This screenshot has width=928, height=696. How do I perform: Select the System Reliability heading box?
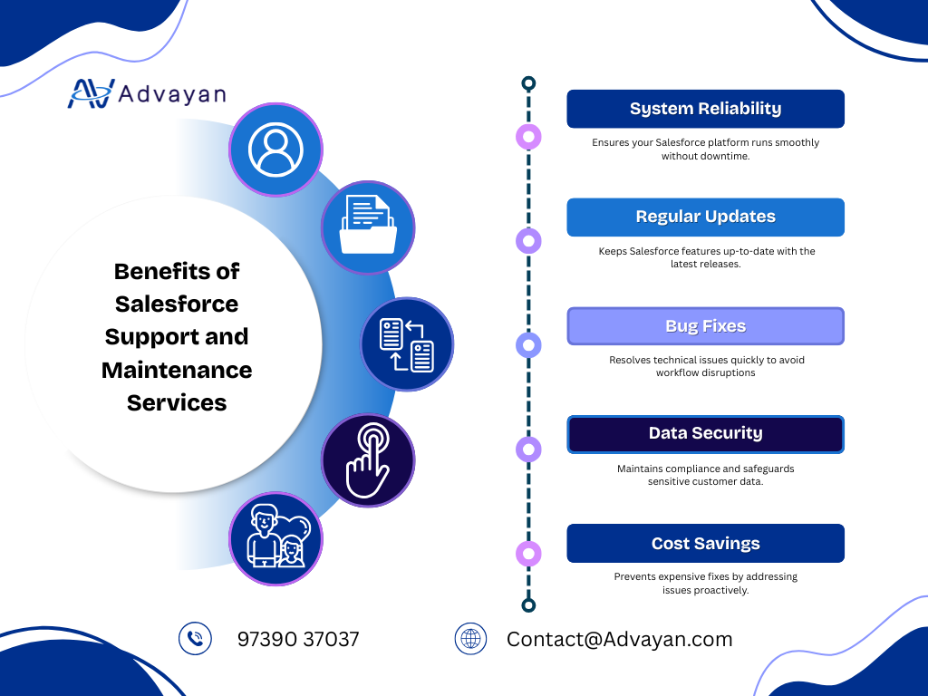705,109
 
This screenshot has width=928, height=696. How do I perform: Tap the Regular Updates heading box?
705,217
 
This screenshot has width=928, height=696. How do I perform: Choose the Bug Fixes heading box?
705,326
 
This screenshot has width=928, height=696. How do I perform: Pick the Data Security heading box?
705,434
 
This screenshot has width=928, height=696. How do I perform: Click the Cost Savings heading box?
705,544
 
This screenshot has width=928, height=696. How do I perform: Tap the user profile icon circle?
275,149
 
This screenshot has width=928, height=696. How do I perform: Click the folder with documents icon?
368,227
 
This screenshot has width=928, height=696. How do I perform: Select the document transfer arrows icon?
407,344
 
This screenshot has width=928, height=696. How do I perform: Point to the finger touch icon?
368,460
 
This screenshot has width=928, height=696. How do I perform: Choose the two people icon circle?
275,539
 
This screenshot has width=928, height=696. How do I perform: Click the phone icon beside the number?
195,639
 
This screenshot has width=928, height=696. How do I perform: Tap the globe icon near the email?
470,639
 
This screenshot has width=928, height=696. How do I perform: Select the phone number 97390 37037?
298,639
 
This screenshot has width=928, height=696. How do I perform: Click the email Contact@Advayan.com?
619,639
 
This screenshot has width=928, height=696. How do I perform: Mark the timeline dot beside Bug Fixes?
528,344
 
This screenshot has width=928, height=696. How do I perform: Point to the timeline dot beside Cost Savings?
528,554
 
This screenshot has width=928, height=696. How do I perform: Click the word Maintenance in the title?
177,370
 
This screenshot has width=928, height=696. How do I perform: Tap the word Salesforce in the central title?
177,304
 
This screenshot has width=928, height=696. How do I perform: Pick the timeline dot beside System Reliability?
528,137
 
